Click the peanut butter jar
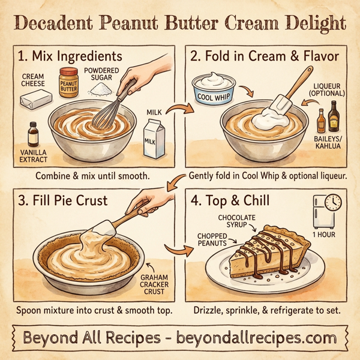coord(69,82)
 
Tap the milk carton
coord(156,137)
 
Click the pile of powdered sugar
coord(101,89)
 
